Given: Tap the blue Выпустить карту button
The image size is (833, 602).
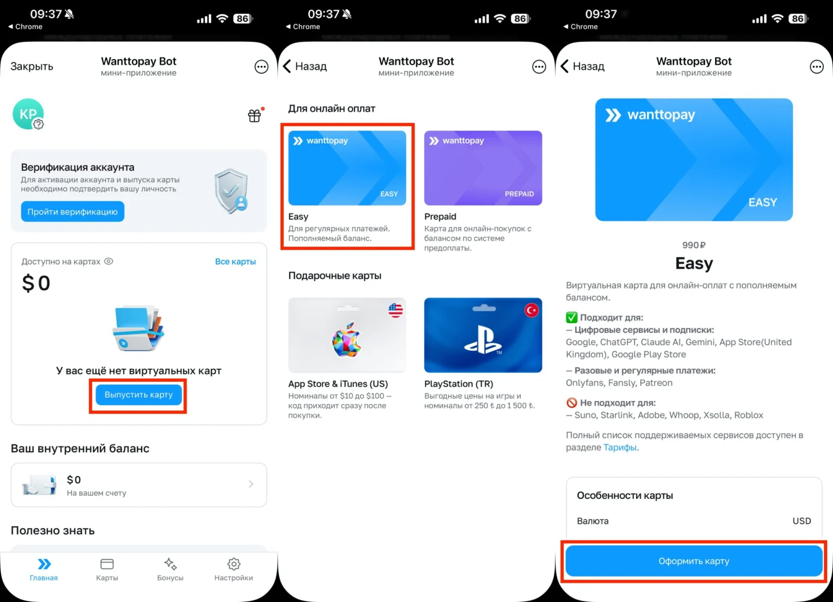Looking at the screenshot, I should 138,395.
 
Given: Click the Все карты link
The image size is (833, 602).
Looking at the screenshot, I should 235,261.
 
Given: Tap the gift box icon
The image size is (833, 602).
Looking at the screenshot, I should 254,116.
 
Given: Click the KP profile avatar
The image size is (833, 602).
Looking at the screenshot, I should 28,114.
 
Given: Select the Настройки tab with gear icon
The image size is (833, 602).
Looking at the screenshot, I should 233,569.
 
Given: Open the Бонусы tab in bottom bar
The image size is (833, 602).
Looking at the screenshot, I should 170,569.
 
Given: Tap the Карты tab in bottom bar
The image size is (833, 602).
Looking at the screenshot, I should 107,569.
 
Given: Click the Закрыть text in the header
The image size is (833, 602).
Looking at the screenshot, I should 32,66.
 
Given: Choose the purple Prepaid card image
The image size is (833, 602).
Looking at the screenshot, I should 483,168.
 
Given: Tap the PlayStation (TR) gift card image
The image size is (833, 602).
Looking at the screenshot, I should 483,335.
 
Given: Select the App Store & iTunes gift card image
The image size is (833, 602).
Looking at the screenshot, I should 347,335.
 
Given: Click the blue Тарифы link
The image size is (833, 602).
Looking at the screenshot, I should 620,447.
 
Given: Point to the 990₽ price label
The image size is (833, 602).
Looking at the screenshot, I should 694,245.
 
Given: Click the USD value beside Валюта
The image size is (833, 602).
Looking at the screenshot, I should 802,521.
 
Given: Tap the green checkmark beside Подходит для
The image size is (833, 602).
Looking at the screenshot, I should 572,317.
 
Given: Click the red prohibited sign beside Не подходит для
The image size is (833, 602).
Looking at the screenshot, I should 572,402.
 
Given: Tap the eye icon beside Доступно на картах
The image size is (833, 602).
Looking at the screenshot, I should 108,261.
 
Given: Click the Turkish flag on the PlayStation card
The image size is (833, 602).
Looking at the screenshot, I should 531,310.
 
